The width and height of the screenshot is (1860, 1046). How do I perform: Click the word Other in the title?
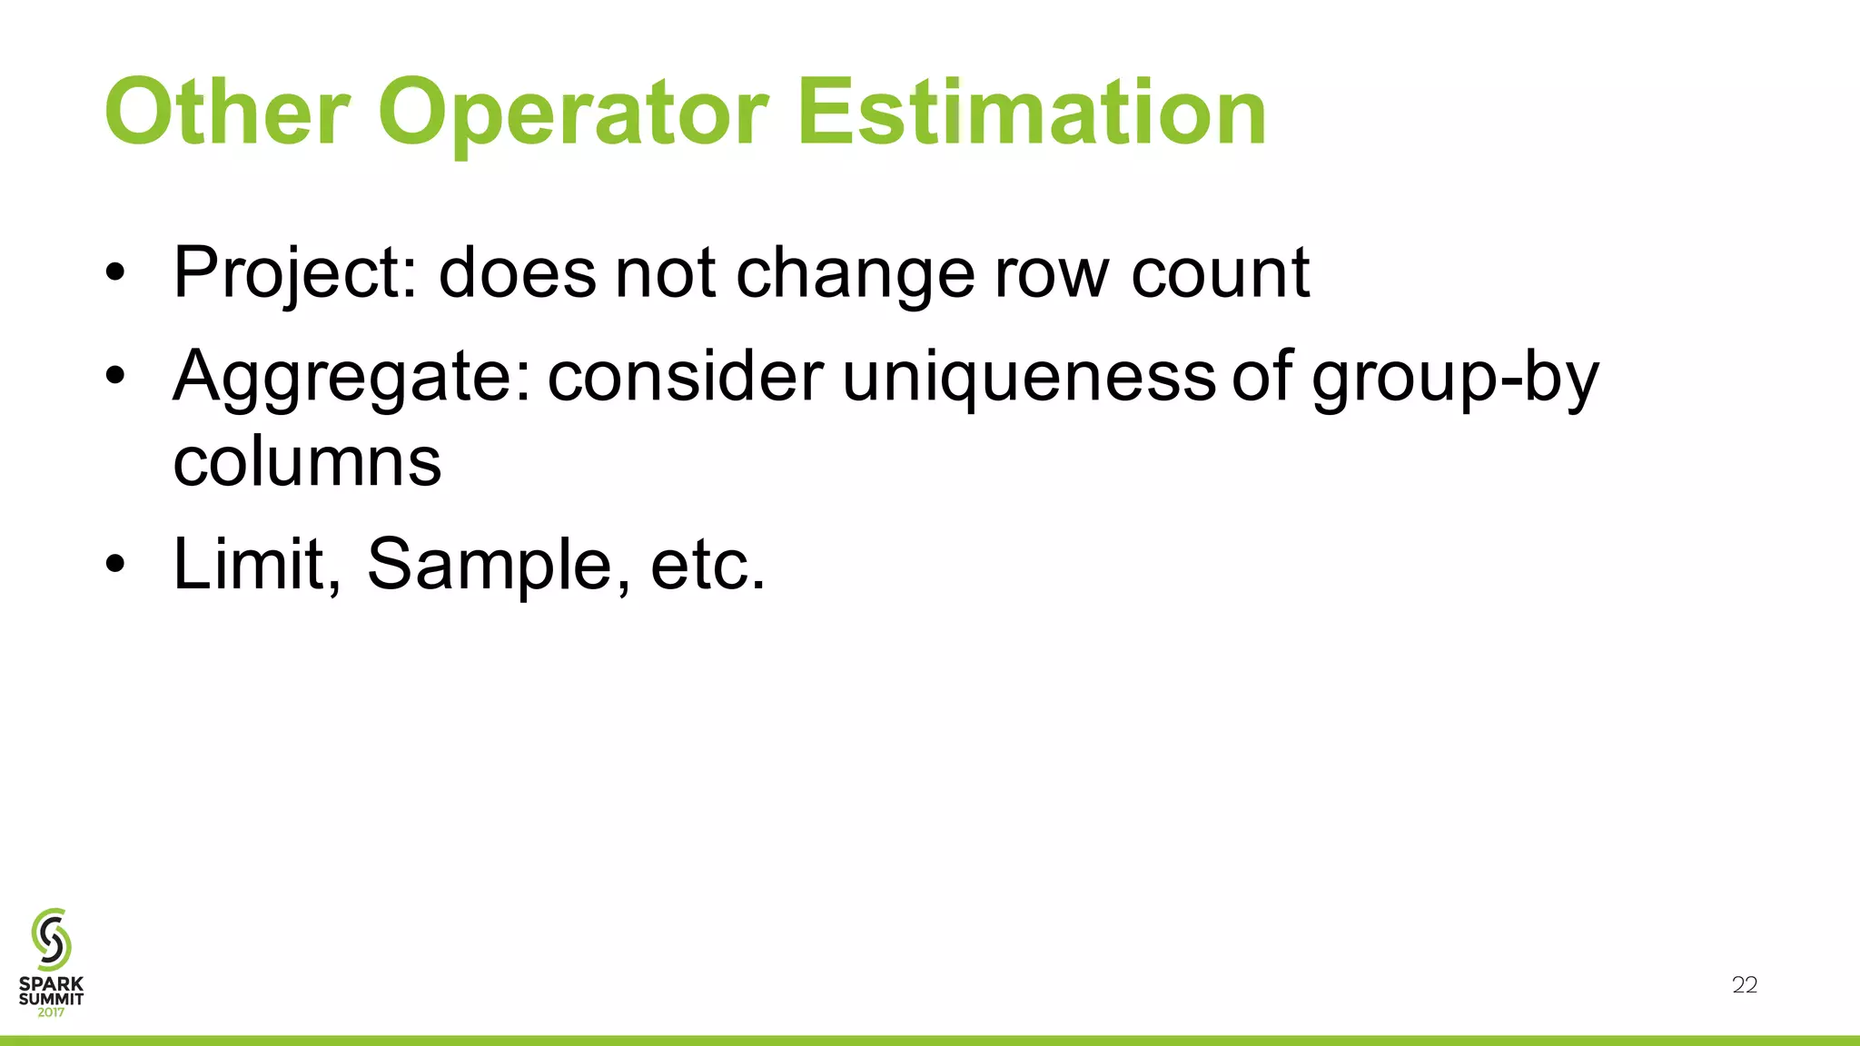[x=227, y=113]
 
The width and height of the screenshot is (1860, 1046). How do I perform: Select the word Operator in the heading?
[x=572, y=113]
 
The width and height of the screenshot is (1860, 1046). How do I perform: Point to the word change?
[x=856, y=272]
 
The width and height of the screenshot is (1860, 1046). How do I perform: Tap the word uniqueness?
[x=1029, y=376]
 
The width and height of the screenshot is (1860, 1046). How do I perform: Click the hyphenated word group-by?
[x=1455, y=376]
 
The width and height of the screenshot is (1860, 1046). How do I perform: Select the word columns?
[x=307, y=461]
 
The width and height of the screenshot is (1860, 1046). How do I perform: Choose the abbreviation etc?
[x=708, y=566]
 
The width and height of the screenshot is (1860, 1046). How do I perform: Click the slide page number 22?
[x=1745, y=985]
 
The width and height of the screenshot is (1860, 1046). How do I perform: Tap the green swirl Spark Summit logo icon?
[x=51, y=938]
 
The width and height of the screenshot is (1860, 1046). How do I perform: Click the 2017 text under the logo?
[x=51, y=1012]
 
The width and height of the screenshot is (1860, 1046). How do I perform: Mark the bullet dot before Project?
[x=114, y=274]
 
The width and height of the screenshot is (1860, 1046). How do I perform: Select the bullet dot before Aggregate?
[x=114, y=377]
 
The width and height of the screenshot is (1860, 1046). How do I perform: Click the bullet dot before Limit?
[x=114, y=565]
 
